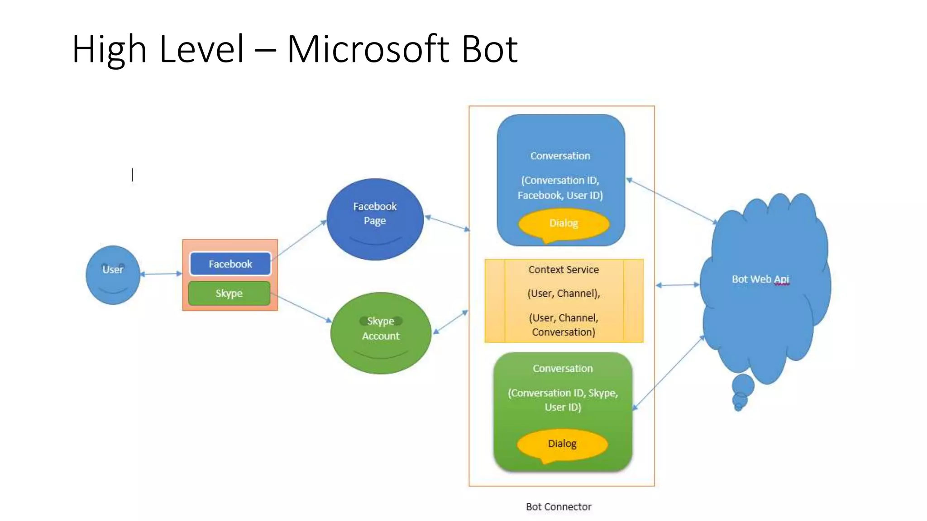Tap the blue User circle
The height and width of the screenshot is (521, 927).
(x=113, y=275)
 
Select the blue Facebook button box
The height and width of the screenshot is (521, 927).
(x=230, y=264)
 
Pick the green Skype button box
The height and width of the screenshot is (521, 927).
(x=229, y=294)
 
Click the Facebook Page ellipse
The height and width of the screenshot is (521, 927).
(x=375, y=219)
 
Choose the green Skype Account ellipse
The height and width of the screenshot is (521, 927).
(x=381, y=333)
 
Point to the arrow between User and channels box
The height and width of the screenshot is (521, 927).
(x=161, y=274)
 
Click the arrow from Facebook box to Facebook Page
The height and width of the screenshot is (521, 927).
(x=301, y=238)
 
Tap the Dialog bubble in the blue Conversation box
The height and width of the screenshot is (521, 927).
(x=564, y=223)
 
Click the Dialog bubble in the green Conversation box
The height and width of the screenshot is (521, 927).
(x=562, y=444)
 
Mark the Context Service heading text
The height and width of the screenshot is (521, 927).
(x=564, y=270)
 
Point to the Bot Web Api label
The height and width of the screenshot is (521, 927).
(x=760, y=279)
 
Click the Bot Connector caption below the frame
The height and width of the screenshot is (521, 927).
(x=559, y=507)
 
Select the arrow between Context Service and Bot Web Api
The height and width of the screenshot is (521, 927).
(x=678, y=285)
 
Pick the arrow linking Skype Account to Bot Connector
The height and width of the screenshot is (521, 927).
(x=450, y=322)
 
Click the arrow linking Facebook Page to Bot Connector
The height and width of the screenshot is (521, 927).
(x=447, y=223)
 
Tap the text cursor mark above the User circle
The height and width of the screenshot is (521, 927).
(x=133, y=175)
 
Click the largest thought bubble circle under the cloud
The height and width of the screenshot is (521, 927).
(x=743, y=385)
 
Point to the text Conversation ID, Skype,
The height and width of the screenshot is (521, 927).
(x=563, y=393)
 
